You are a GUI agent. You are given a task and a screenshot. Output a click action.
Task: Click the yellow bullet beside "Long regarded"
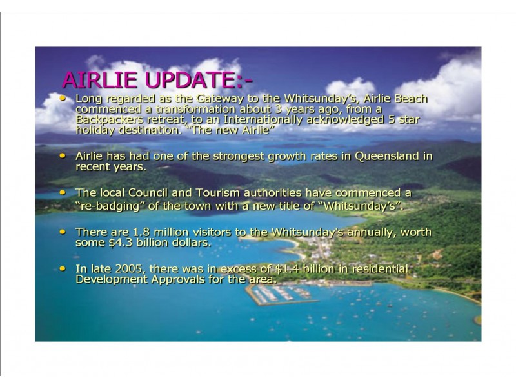[x=62, y=99]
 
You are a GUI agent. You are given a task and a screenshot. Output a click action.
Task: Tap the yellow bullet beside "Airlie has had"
[x=62, y=156]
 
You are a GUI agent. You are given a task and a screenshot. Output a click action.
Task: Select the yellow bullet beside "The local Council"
[x=62, y=192]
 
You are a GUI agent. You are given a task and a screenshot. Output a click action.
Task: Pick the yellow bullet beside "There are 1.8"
[x=62, y=232]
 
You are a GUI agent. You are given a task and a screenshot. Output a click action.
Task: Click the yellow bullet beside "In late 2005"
[x=62, y=268]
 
